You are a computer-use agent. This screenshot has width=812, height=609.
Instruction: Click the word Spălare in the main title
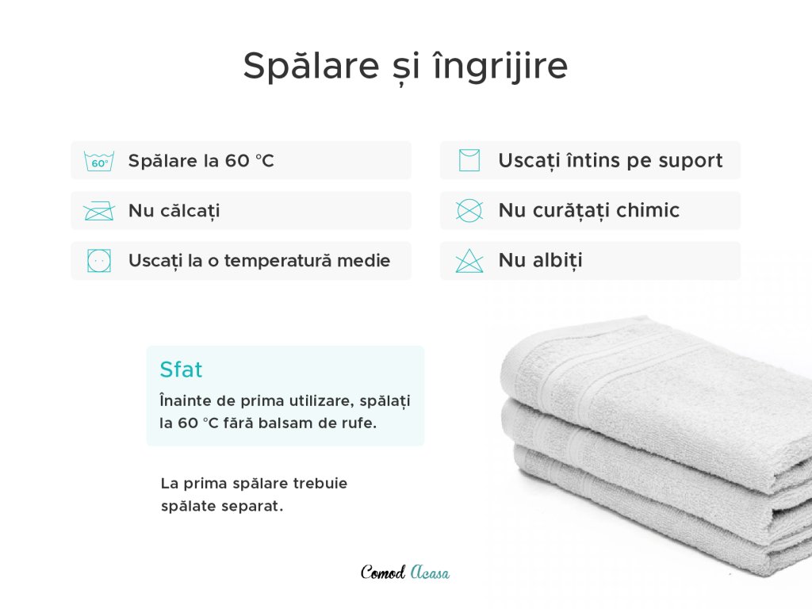pos(311,67)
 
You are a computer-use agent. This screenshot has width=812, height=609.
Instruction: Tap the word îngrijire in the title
pos(500,67)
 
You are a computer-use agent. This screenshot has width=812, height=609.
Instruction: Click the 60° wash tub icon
pos(99,161)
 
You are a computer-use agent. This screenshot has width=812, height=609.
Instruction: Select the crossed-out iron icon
pos(99,211)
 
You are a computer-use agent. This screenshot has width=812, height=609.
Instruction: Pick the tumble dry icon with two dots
pos(99,260)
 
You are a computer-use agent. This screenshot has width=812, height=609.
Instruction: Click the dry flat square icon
pos(469,160)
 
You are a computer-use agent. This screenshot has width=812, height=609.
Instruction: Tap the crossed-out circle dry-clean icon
pos(469,210)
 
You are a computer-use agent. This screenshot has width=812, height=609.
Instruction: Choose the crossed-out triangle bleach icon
pos(469,260)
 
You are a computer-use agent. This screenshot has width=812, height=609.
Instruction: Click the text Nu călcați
pos(174,211)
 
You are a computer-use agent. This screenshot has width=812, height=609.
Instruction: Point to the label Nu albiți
pos(540,260)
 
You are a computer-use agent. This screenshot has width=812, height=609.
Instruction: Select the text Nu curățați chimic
pos(589,210)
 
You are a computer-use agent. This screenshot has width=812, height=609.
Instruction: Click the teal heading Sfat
pos(181,370)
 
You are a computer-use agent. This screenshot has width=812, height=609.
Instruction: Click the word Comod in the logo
pos(383,573)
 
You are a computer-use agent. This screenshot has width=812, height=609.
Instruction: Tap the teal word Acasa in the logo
pos(431,573)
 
